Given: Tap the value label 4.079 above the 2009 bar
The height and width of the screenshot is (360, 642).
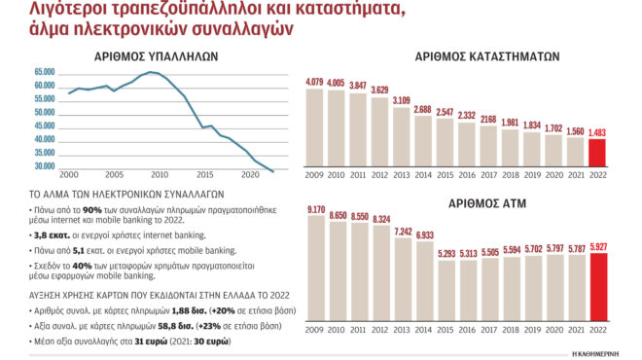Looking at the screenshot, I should pos(315,82).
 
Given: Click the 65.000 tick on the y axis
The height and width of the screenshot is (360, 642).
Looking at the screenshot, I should pos(45,73).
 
